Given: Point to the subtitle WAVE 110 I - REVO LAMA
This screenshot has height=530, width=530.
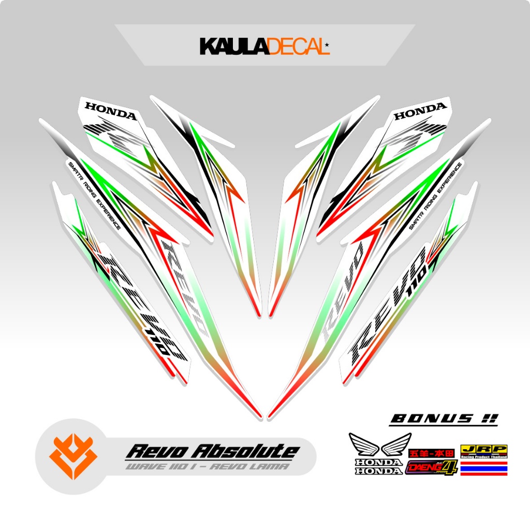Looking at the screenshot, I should click(x=207, y=466).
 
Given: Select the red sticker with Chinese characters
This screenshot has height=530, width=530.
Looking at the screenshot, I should click(x=431, y=453).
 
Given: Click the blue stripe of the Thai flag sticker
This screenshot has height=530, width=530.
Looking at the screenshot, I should click(x=483, y=466).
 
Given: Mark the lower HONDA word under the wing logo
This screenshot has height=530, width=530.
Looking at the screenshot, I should click(x=377, y=471).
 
